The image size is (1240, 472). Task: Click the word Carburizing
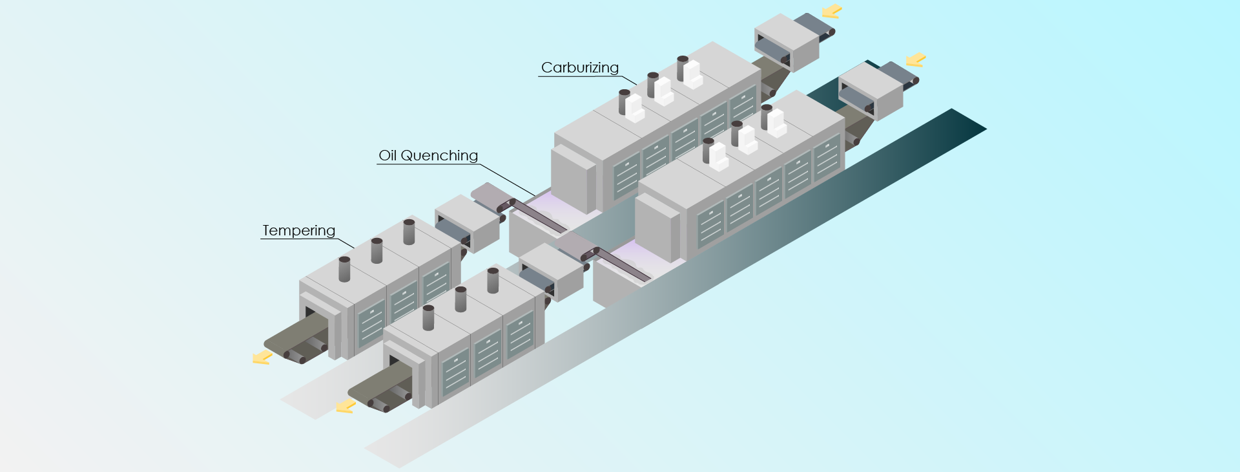[579, 67]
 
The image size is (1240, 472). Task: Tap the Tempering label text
[298, 230]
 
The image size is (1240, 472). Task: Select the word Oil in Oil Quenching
[387, 155]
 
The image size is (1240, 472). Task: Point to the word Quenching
[439, 156]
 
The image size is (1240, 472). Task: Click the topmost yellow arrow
[832, 11]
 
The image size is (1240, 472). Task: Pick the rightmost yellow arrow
[916, 60]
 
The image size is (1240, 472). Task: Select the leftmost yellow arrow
[262, 357]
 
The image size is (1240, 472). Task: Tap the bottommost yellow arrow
[346, 406]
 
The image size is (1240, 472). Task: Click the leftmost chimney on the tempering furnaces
[344, 269]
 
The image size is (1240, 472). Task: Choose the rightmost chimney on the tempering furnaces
[493, 280]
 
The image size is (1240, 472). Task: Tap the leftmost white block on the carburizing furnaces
[634, 109]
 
